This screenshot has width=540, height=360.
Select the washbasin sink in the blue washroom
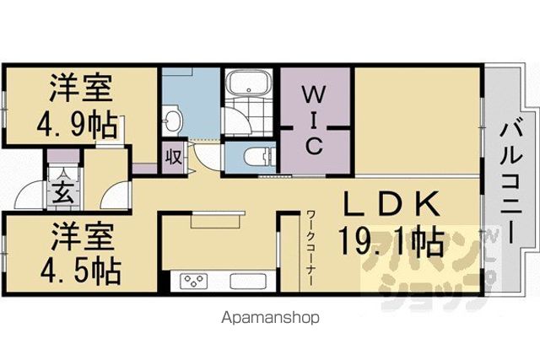click(172, 121)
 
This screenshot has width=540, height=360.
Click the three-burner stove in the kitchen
click(194, 281)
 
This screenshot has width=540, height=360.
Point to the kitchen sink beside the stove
click(248, 282)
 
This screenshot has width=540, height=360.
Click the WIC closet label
click(313, 121)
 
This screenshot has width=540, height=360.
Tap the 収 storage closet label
click(174, 157)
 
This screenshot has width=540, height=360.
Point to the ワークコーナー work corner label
click(310, 248)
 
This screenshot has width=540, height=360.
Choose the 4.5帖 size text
click(81, 271)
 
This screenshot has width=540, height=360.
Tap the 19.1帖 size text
click(391, 241)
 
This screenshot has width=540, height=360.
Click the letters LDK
click(392, 204)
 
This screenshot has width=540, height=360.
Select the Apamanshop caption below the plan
click(270, 318)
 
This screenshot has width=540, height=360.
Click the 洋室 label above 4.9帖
click(81, 88)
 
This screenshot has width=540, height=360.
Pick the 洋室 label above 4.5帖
click(83, 236)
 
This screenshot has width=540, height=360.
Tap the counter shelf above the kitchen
click(218, 219)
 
